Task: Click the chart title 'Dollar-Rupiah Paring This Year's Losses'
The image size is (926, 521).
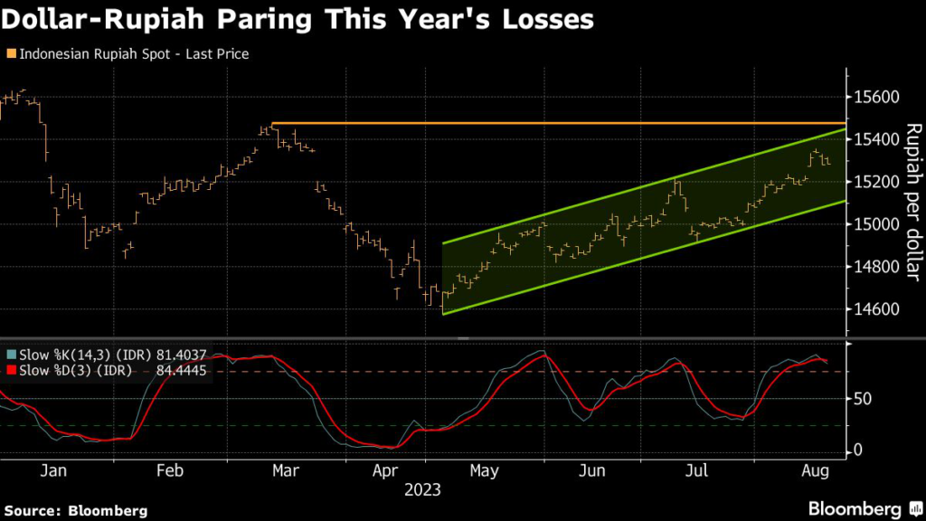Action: [298, 21]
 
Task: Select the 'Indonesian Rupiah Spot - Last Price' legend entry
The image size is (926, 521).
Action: [131, 53]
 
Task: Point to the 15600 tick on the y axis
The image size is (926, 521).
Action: [874, 97]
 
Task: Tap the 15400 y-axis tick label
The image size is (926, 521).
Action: [874, 139]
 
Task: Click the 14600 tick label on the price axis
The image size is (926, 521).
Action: [874, 308]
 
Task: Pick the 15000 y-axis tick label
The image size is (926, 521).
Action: [874, 224]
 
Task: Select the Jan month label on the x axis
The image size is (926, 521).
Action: [54, 470]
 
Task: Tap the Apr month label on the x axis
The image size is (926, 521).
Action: [386, 470]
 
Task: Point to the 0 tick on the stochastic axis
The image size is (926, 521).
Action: [858, 450]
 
